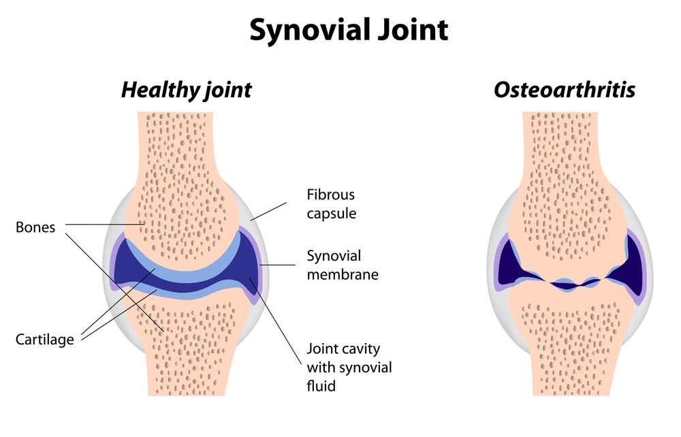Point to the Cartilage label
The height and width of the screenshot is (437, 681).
point(44,339)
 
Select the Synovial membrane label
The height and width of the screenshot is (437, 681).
point(343,265)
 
